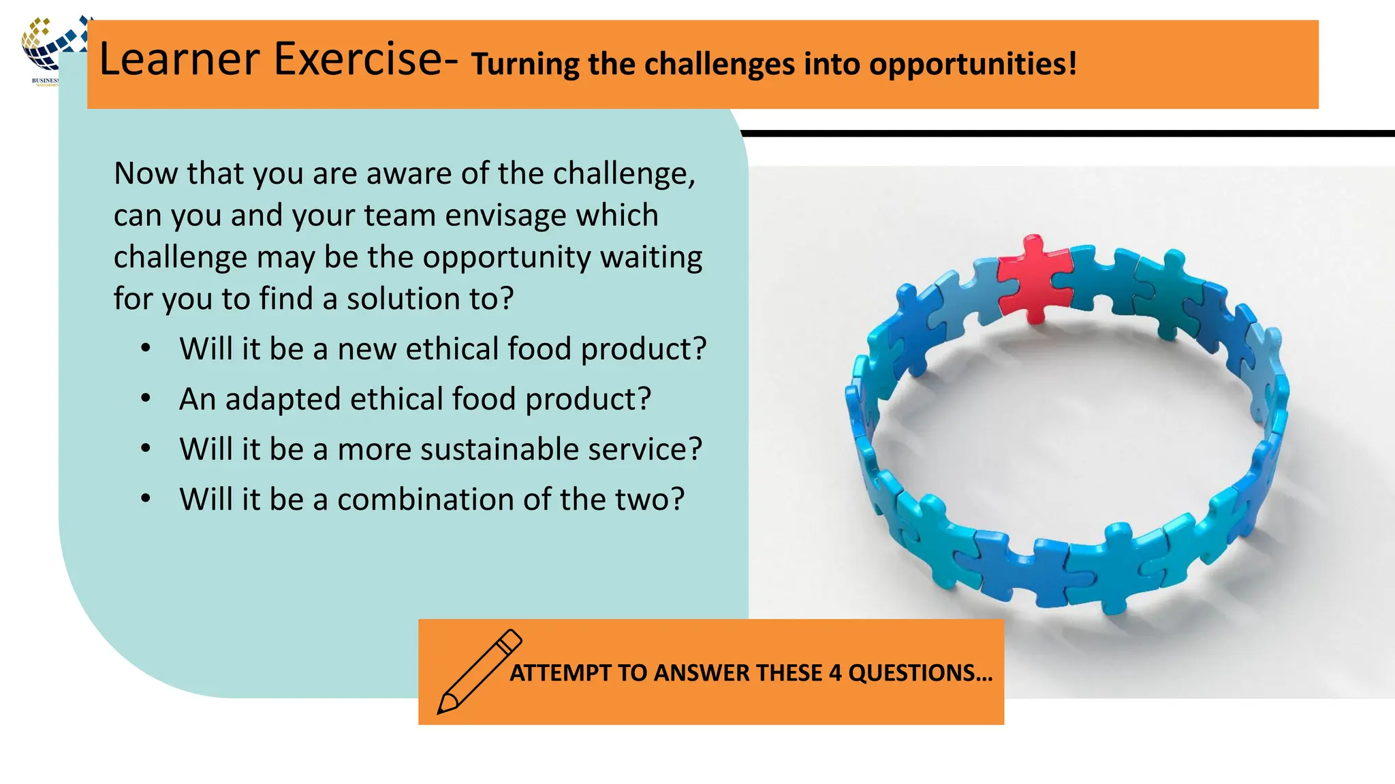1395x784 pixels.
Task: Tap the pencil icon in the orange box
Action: click(x=479, y=672)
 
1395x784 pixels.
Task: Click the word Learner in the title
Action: click(x=180, y=59)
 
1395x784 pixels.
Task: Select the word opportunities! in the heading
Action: click(x=973, y=64)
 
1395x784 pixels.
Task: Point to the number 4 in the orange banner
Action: click(x=835, y=673)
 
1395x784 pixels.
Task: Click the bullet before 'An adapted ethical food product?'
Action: click(x=146, y=399)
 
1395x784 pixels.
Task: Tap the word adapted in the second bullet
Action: click(x=283, y=399)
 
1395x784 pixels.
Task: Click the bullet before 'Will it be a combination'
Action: click(x=146, y=499)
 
